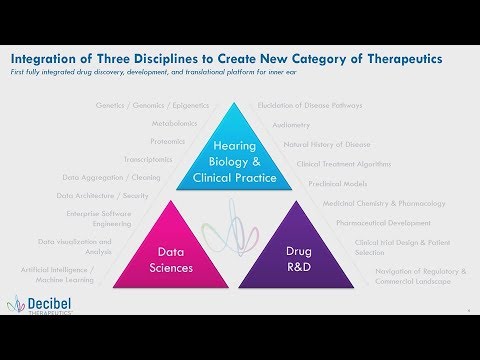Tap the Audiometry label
[291, 124]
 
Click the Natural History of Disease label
[327, 144]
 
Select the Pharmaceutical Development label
[384, 222]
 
